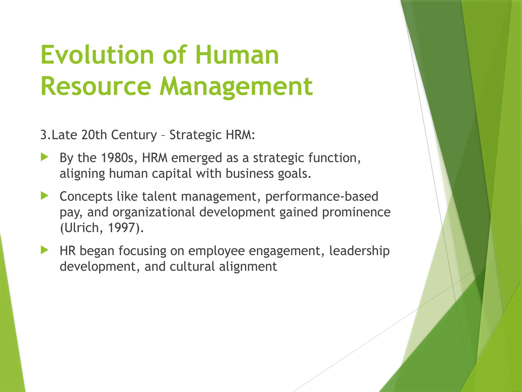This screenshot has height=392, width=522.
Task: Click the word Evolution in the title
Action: (97, 55)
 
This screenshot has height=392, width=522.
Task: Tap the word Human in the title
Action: (237, 55)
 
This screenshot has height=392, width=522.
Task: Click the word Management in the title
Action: (236, 87)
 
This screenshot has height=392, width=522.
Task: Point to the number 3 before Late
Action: (44, 135)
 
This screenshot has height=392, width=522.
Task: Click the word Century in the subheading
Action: (134, 135)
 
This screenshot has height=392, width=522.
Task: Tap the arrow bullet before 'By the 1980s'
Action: (44, 157)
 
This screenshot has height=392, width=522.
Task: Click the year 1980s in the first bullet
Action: (117, 158)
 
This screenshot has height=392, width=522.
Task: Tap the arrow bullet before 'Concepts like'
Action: (44, 196)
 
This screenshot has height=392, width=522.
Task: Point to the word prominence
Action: (356, 212)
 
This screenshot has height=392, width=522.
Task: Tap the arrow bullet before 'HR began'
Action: (44, 250)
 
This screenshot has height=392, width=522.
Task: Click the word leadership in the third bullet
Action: (359, 251)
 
